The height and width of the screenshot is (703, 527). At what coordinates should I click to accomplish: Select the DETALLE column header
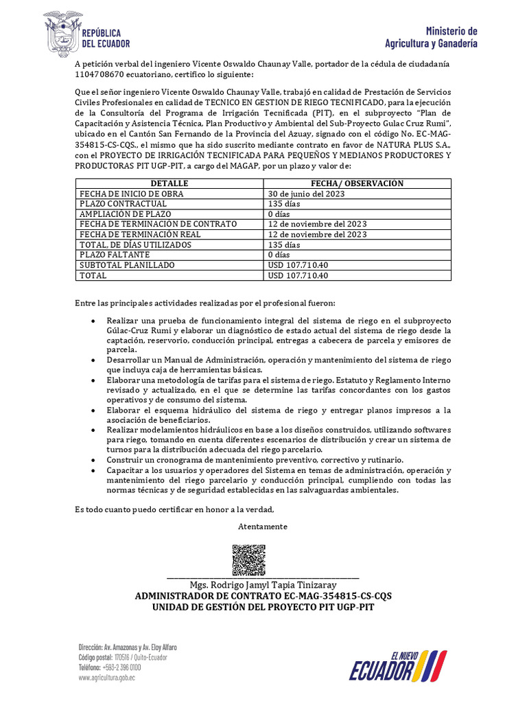coord(169,183)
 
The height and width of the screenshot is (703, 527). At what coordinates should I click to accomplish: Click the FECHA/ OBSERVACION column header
coord(358,183)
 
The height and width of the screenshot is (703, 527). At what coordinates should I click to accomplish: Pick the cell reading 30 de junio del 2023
coord(306,194)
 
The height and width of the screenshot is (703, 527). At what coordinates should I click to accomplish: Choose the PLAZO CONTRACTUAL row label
coord(124,204)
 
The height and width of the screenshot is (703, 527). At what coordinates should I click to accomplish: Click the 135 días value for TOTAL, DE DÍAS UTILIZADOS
coord(284,244)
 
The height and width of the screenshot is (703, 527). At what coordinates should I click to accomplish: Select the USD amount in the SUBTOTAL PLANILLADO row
coord(298,265)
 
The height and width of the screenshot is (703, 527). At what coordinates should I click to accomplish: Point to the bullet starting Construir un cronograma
coord(255,459)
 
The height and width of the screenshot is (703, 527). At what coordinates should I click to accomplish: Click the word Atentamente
coord(263,527)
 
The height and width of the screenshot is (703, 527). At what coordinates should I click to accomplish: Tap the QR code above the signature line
coord(248,560)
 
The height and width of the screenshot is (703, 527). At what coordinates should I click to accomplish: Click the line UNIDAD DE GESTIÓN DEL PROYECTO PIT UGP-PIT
coord(263,607)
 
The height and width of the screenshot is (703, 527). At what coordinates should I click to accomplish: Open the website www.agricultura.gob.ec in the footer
coord(106,677)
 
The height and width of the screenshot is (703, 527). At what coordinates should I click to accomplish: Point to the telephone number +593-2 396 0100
coord(122,667)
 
